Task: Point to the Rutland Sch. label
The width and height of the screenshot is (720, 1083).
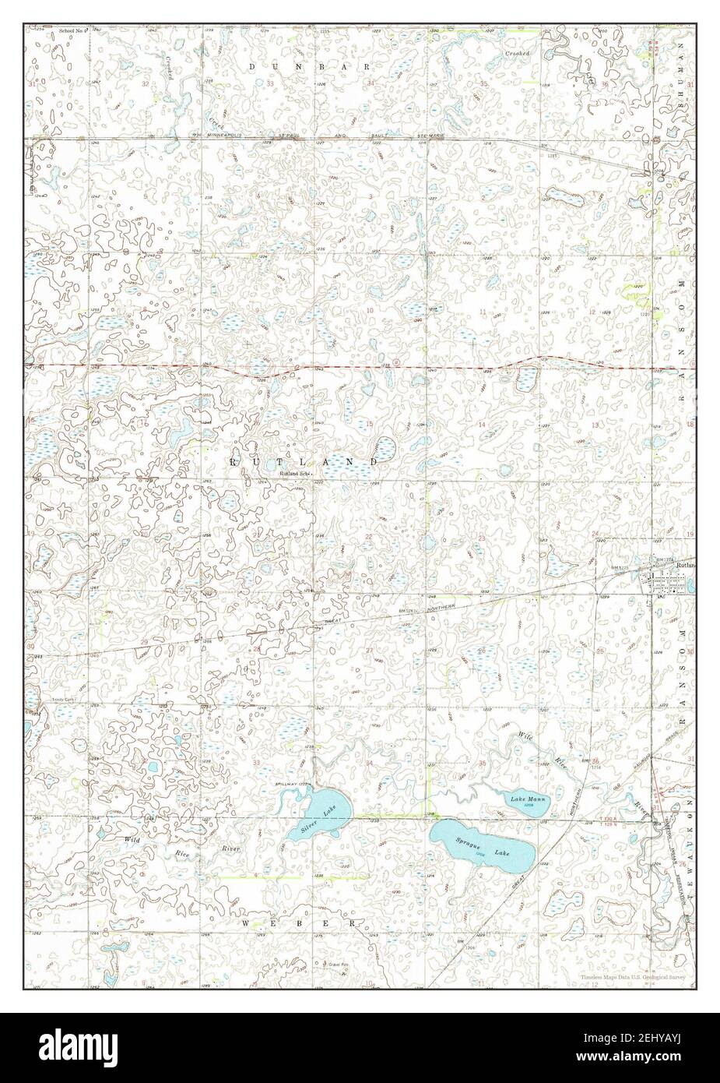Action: (x=295, y=473)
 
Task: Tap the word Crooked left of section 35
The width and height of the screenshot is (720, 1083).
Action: (x=517, y=53)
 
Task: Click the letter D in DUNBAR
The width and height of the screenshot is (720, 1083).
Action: (x=252, y=67)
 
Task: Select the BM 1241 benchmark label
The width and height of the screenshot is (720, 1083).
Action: (x=407, y=610)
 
